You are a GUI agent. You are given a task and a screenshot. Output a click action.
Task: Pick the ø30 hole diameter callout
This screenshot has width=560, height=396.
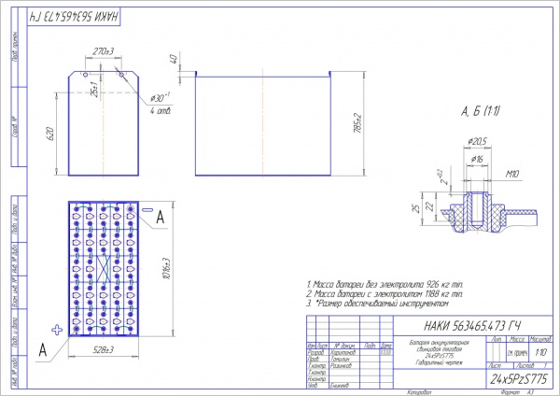[160, 98]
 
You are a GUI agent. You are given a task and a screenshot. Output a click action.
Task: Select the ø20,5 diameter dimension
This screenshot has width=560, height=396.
[478, 141]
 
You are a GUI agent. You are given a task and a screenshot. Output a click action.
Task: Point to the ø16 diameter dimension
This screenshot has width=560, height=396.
[476, 159]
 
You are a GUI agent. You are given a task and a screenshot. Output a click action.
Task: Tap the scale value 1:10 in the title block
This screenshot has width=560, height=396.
[540, 354]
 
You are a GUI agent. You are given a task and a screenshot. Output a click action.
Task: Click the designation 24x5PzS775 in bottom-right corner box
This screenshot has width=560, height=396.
[519, 381]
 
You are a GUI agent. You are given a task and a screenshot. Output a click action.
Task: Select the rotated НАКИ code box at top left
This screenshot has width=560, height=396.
[57, 18]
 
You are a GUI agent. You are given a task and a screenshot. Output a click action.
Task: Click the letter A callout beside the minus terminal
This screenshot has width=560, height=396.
[161, 216]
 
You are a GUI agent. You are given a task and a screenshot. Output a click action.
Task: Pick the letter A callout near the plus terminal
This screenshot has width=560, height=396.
[43, 350]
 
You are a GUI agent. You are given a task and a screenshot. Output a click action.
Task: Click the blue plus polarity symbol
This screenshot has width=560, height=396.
[56, 329]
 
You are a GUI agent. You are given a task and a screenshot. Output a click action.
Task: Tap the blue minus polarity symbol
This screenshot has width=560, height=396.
[147, 207]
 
